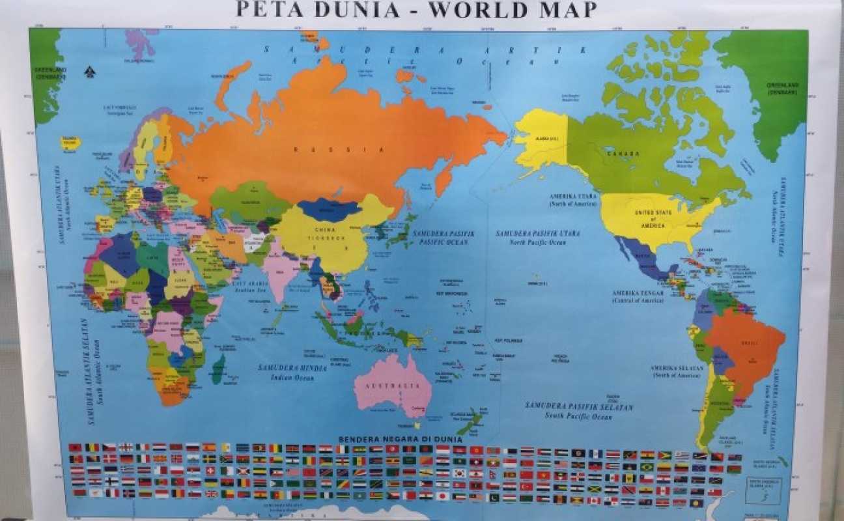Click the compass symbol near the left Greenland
click(x=90, y=72)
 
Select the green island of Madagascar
click(x=218, y=369)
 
